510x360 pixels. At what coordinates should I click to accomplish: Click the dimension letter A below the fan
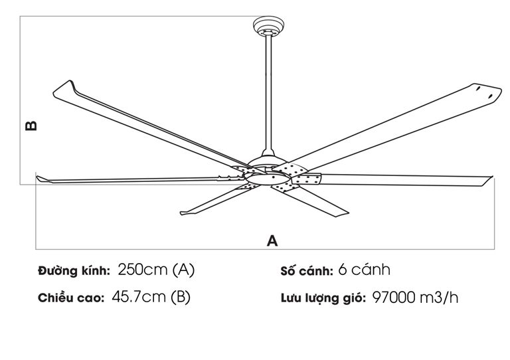[x=272, y=240]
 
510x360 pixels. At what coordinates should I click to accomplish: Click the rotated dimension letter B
[x=31, y=126]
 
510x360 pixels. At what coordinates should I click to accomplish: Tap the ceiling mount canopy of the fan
[x=269, y=26]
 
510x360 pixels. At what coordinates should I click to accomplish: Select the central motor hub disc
[x=267, y=178]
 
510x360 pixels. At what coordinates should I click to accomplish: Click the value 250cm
[x=143, y=270]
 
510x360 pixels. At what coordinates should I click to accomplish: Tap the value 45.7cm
[x=139, y=297]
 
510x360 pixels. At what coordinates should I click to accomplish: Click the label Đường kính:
[x=74, y=270]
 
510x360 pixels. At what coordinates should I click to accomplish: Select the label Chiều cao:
[x=71, y=298]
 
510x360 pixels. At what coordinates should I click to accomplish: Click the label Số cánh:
[x=307, y=271]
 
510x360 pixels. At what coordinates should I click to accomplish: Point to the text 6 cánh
[x=365, y=270]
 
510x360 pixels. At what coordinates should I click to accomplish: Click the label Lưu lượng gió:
[x=323, y=298]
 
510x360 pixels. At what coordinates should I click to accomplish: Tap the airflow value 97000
[x=394, y=298]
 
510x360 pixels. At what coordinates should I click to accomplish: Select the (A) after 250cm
[x=183, y=270]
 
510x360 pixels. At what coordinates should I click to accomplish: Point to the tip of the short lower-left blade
[x=181, y=213]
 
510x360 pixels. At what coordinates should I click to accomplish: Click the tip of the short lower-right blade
[x=349, y=214]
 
